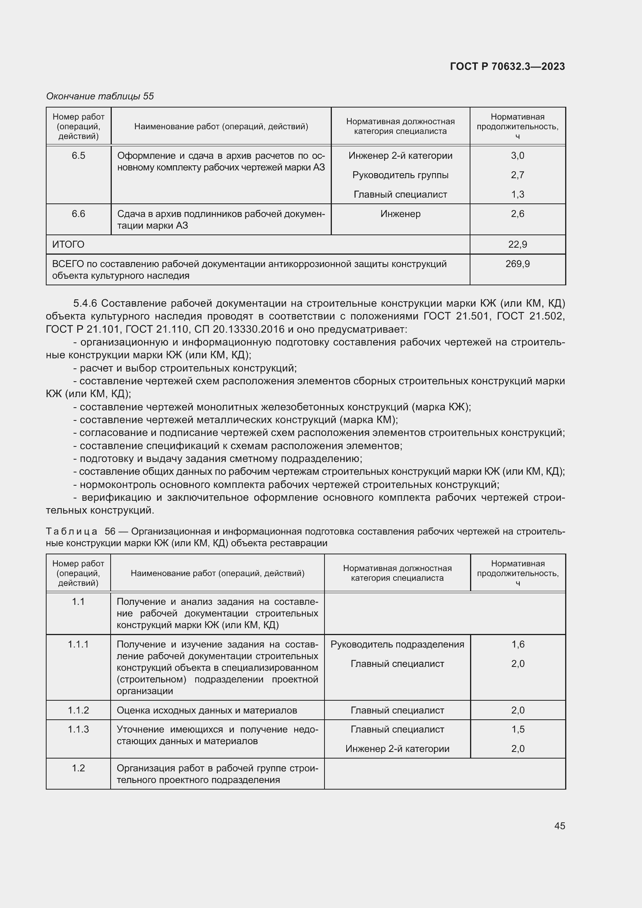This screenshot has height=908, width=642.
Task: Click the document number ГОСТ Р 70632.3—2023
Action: coord(507,66)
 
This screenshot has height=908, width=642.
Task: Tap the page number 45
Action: coord(559,826)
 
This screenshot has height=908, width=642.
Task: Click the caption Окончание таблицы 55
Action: coord(100,96)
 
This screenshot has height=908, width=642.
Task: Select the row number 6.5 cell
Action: coord(78,156)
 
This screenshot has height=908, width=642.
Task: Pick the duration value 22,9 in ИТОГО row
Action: coord(517,245)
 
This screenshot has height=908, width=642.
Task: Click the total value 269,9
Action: coord(517,264)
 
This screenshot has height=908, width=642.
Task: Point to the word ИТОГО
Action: coord(68,245)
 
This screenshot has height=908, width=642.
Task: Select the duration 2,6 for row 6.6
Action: coord(517,214)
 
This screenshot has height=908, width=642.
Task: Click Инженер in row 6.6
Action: coord(400,214)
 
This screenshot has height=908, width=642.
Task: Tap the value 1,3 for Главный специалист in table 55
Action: coord(517,194)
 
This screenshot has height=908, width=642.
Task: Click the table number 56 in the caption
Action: coord(110,531)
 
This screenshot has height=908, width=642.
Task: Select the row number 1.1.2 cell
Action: coord(78,710)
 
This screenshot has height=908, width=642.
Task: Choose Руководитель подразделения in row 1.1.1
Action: coord(397,644)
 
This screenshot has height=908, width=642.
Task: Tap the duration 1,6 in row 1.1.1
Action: coord(517,644)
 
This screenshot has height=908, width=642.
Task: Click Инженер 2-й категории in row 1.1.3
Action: coord(397,748)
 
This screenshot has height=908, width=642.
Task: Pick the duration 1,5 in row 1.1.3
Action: coord(517,729)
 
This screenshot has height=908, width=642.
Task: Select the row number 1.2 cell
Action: coord(78,768)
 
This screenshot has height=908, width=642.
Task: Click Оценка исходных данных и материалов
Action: coord(207,710)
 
